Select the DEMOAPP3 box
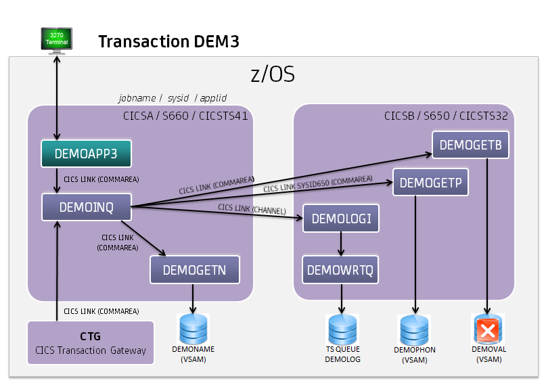click(x=86, y=154)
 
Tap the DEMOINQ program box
click(x=86, y=207)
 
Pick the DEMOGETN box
click(x=194, y=271)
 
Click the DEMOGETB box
click(x=470, y=145)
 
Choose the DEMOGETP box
click(x=431, y=182)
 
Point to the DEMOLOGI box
click(x=342, y=218)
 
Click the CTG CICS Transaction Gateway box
click(x=90, y=343)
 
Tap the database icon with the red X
click(x=487, y=330)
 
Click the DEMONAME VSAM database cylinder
click(x=194, y=329)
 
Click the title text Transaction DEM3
click(x=168, y=42)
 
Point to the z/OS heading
click(x=273, y=74)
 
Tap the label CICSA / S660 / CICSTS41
click(x=185, y=116)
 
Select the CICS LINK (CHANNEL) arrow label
click(x=252, y=209)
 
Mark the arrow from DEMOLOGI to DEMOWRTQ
click(x=341, y=244)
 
